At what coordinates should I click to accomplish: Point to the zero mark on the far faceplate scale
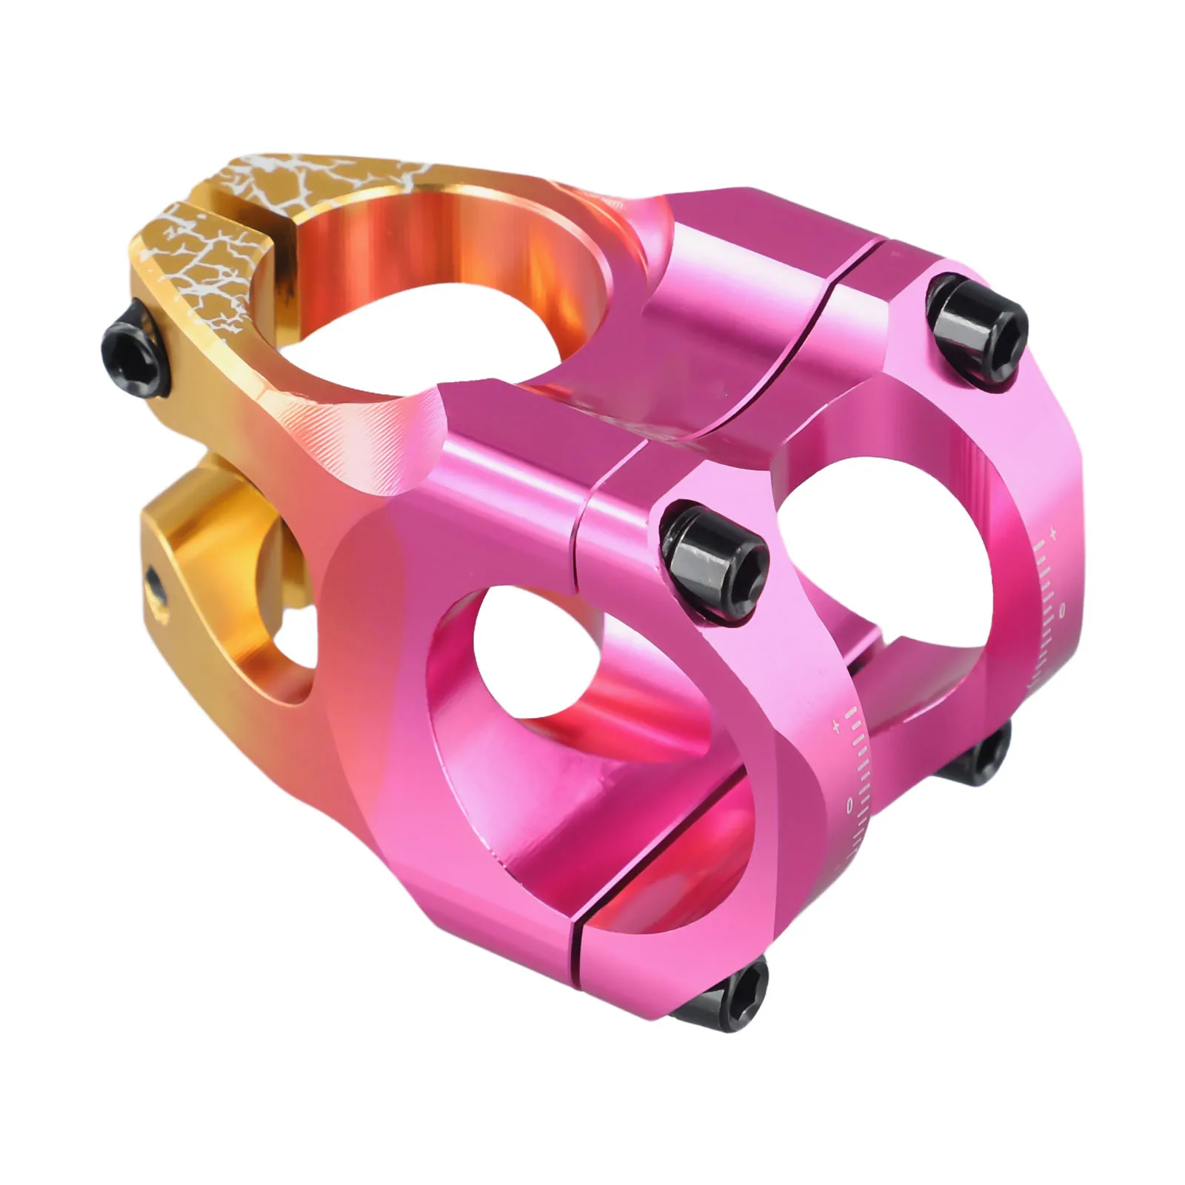1062,610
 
